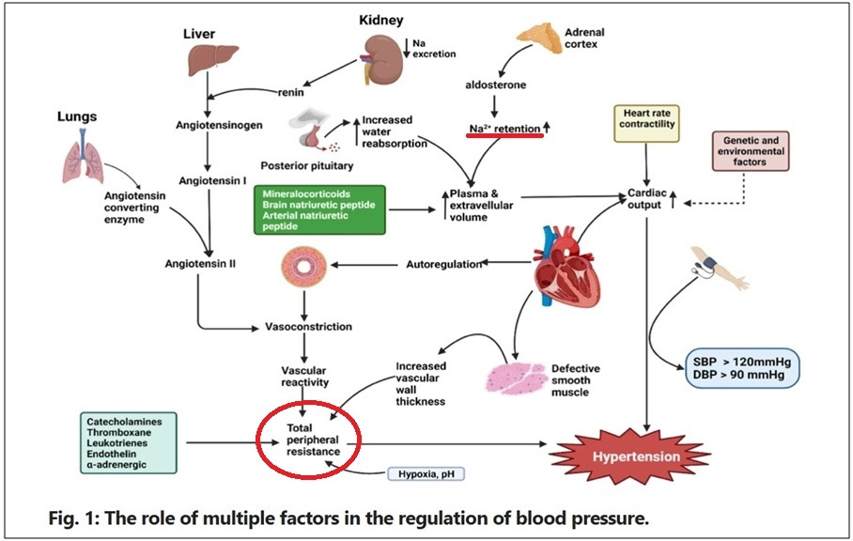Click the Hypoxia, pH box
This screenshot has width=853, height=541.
426,474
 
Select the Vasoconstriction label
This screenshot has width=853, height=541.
308,327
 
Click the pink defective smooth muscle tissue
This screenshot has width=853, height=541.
515,378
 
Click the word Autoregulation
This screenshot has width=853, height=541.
443,265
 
